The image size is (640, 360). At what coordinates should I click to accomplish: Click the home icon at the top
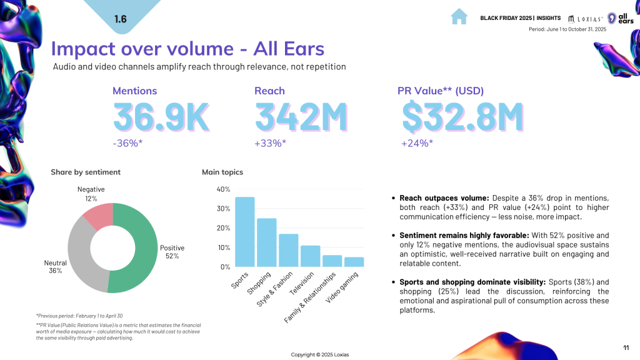[459, 17]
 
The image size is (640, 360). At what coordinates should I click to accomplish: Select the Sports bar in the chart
[244, 232]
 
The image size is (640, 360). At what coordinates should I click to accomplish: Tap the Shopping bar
[267, 242]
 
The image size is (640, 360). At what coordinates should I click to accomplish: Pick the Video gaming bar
[354, 262]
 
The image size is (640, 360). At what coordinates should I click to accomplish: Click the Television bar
[310, 256]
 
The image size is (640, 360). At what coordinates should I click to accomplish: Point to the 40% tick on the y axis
[223, 189]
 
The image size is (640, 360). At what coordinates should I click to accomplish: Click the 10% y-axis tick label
[223, 247]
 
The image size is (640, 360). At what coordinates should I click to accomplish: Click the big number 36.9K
[161, 117]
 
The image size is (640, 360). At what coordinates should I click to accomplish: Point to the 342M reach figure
[301, 117]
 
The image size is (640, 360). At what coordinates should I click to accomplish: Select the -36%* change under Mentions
[128, 144]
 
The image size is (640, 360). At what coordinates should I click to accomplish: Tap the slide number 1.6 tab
[121, 19]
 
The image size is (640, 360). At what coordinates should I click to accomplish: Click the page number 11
[626, 347]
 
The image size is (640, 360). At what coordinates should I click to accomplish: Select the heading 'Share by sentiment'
[86, 172]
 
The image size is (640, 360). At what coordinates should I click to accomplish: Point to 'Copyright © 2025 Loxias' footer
[320, 354]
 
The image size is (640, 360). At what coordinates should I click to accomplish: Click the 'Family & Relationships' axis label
[310, 297]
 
